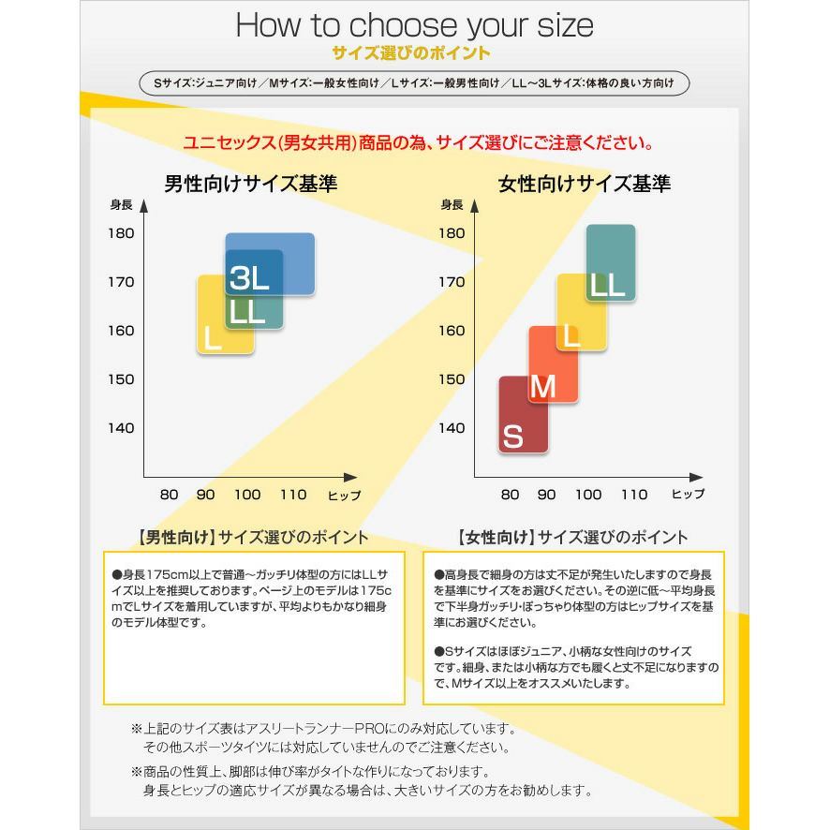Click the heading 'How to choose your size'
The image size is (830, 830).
[x=414, y=24]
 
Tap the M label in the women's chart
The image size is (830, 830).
[x=543, y=386]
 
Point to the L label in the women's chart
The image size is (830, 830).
[x=572, y=334]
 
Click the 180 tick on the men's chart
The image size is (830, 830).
[x=121, y=233]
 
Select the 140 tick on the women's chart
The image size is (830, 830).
[x=452, y=428]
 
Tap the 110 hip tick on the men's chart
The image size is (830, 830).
[x=292, y=495]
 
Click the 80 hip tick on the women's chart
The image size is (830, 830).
[x=510, y=495]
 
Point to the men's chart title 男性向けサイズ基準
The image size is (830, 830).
[x=251, y=183]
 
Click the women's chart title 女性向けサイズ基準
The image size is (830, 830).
[x=585, y=183]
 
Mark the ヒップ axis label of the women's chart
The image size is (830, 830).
[x=688, y=495]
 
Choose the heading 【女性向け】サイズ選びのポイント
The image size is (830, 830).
[x=572, y=538]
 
